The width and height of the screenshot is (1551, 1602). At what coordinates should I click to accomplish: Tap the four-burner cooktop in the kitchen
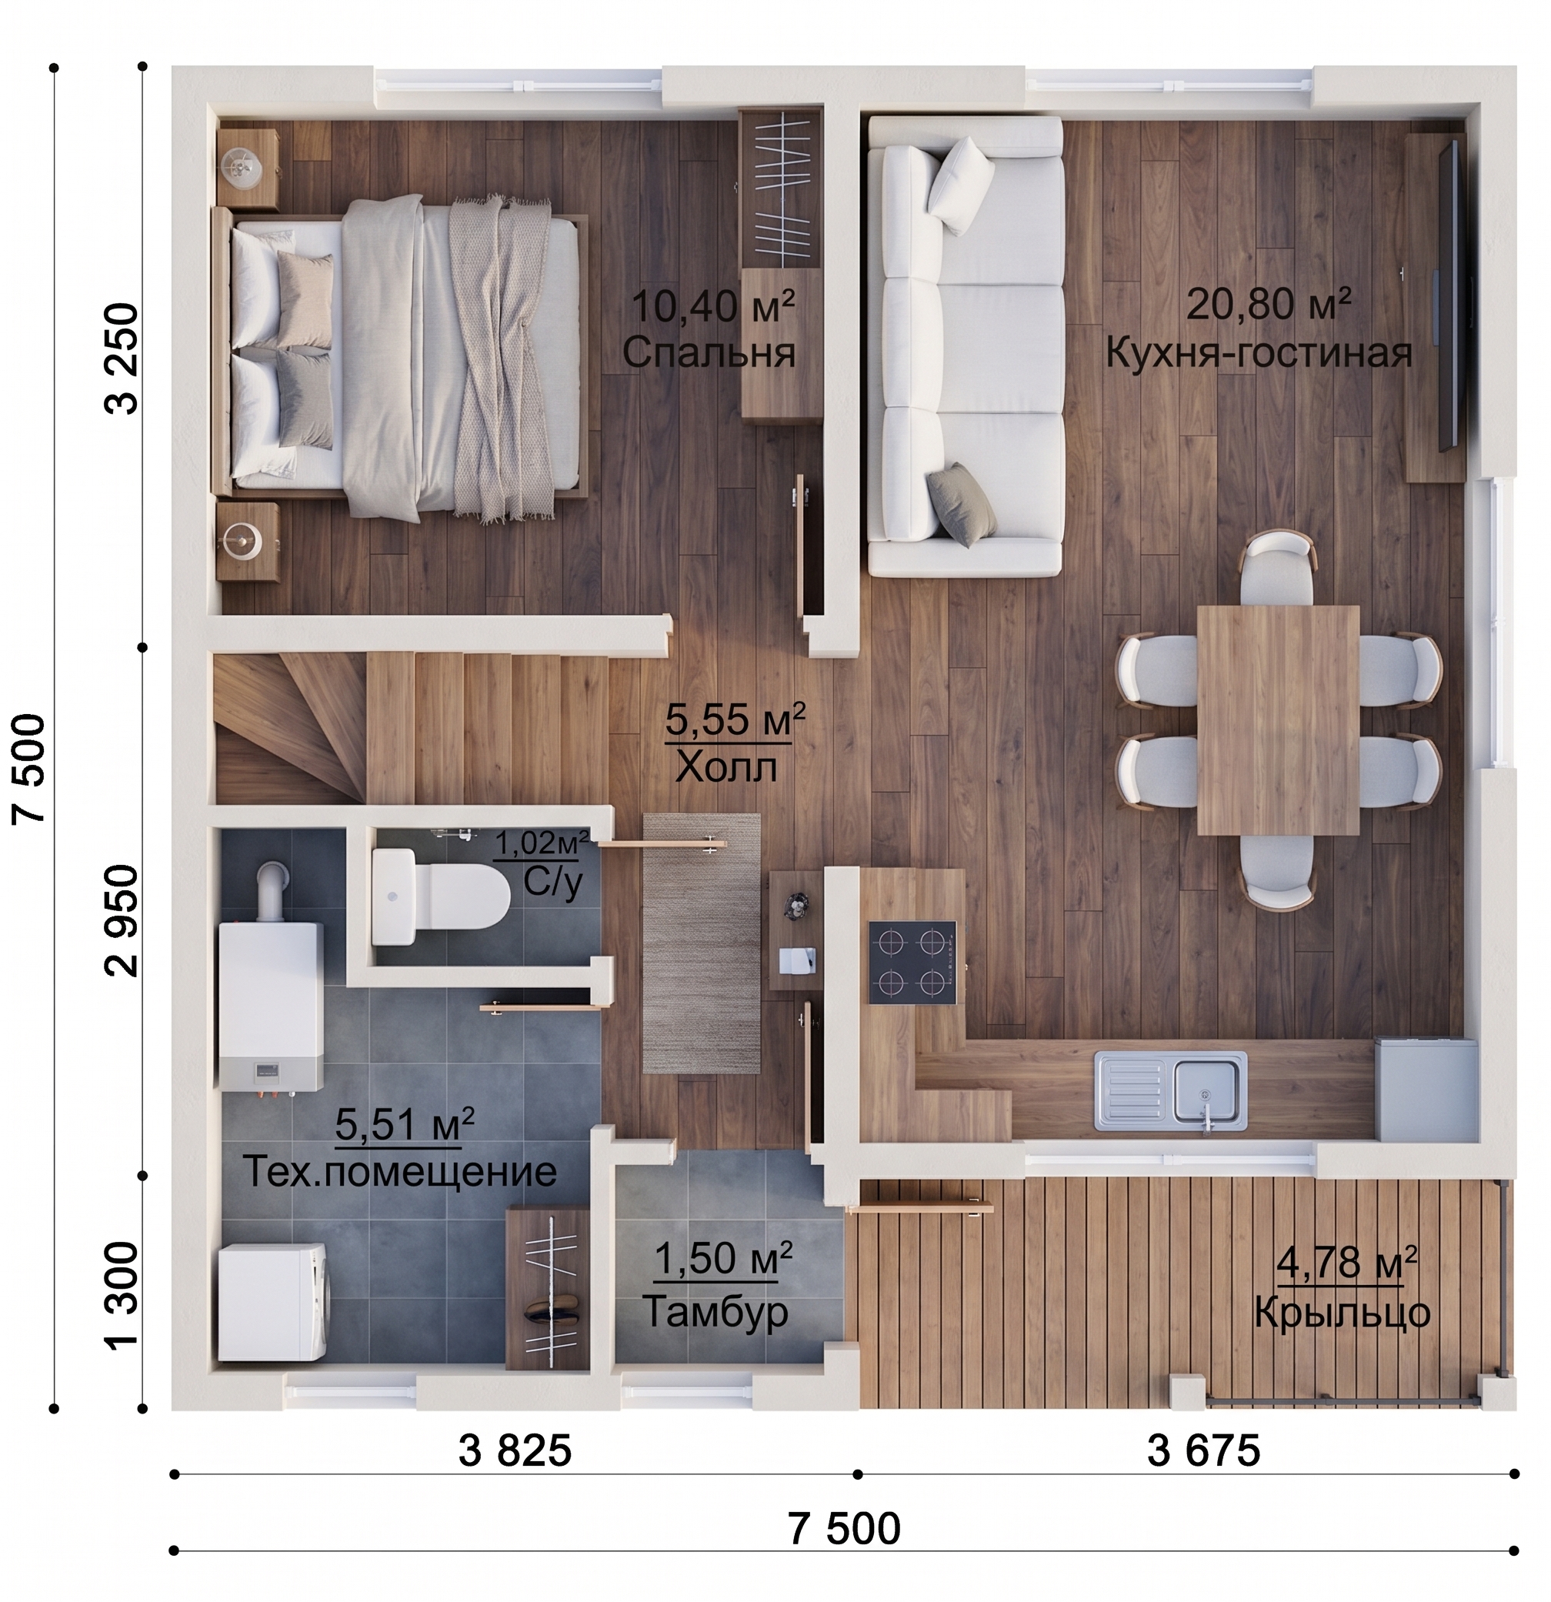tap(912, 962)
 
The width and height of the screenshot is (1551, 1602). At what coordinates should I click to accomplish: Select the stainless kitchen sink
tap(1170, 1090)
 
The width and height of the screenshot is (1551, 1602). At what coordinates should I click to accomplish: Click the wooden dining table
tap(1278, 720)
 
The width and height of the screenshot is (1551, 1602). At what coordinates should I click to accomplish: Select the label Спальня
tap(709, 353)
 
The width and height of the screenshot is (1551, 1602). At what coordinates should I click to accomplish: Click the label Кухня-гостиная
tap(1259, 353)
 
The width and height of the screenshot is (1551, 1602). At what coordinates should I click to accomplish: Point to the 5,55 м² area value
tap(735, 719)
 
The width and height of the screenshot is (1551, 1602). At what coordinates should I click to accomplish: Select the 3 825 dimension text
tap(515, 1453)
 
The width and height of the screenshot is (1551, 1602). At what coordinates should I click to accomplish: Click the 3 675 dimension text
tap(1204, 1453)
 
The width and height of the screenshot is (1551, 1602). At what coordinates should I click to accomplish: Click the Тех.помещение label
tap(399, 1171)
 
